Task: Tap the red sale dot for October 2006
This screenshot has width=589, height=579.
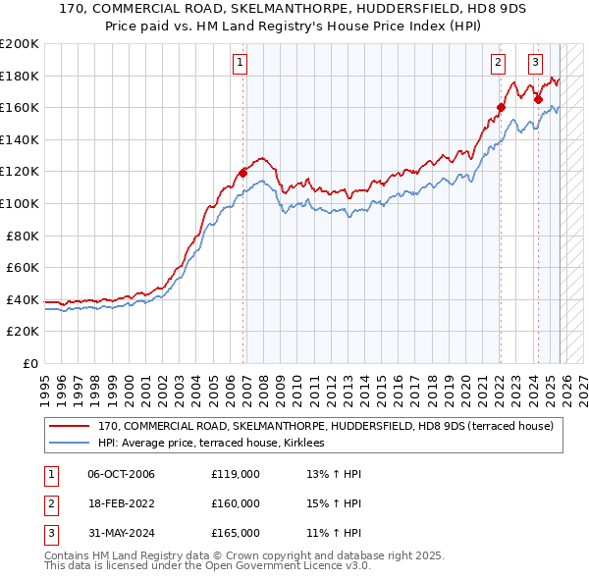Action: [x=242, y=174]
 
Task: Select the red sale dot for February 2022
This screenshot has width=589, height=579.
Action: [x=501, y=108]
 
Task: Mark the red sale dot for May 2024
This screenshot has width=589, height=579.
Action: [x=538, y=99]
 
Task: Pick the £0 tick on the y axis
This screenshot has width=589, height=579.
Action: [x=29, y=363]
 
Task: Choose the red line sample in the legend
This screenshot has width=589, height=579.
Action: [x=69, y=426]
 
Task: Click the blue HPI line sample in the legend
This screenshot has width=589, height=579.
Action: [x=69, y=443]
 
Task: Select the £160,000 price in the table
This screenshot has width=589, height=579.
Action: [x=236, y=503]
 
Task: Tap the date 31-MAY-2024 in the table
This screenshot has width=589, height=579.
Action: [x=122, y=533]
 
